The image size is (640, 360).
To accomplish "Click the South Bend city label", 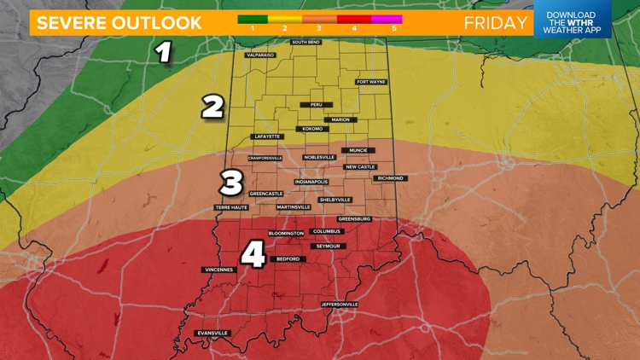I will coord(305,42).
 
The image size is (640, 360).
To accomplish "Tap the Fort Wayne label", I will coord(372,82).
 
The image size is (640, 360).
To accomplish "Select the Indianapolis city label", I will coord(311,182).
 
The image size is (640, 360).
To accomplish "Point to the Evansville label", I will coord(212,332).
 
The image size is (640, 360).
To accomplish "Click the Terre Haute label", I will coord(232,207).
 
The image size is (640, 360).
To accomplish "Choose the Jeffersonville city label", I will coord(339,305).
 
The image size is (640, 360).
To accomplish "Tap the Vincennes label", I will coord(218,270).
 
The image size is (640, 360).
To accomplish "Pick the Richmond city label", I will coord(390,178).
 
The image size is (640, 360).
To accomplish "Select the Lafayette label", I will coord(265,136).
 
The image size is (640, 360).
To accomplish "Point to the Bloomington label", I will coord(286,233).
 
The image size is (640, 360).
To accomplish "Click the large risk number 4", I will coord(252,253).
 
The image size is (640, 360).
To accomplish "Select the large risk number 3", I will coord(231,182).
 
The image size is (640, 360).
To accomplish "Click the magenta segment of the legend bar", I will coord(386,17).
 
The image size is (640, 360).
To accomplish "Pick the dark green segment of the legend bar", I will coord(253,17).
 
